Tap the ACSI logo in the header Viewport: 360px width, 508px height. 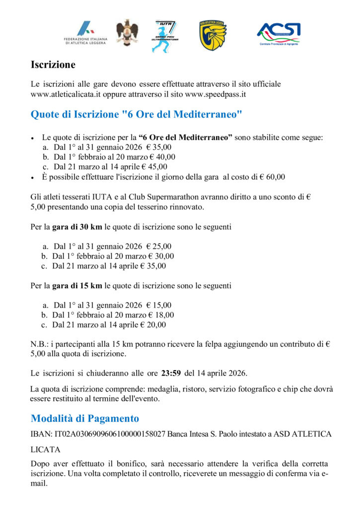(x=278, y=34)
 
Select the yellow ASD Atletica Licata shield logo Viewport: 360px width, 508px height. (x=213, y=35)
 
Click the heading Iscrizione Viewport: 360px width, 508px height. (x=53, y=64)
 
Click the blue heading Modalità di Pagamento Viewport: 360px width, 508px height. (x=85, y=418)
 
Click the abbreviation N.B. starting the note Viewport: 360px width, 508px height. (x=40, y=344)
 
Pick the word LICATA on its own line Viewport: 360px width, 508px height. (x=46, y=449)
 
